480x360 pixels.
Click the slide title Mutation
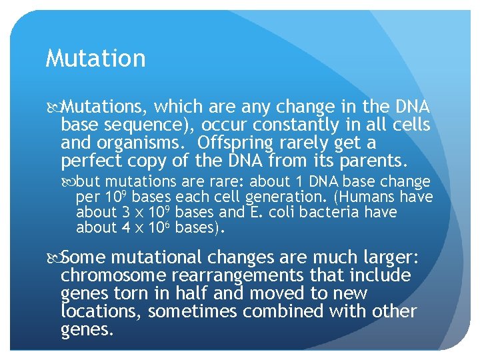(x=95, y=59)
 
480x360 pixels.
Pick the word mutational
(x=151, y=258)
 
